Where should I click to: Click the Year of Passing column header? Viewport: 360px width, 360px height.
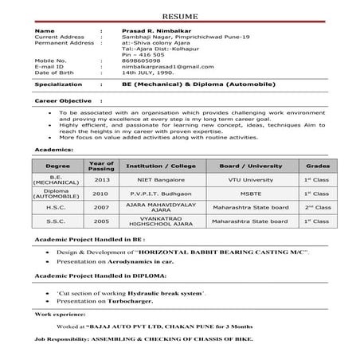point(101,166)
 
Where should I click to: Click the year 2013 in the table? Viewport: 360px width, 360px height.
point(101,180)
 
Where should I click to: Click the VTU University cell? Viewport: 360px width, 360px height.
point(251,180)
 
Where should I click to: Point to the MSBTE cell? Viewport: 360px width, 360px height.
point(251,193)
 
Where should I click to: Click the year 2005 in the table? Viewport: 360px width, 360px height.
point(101,220)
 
